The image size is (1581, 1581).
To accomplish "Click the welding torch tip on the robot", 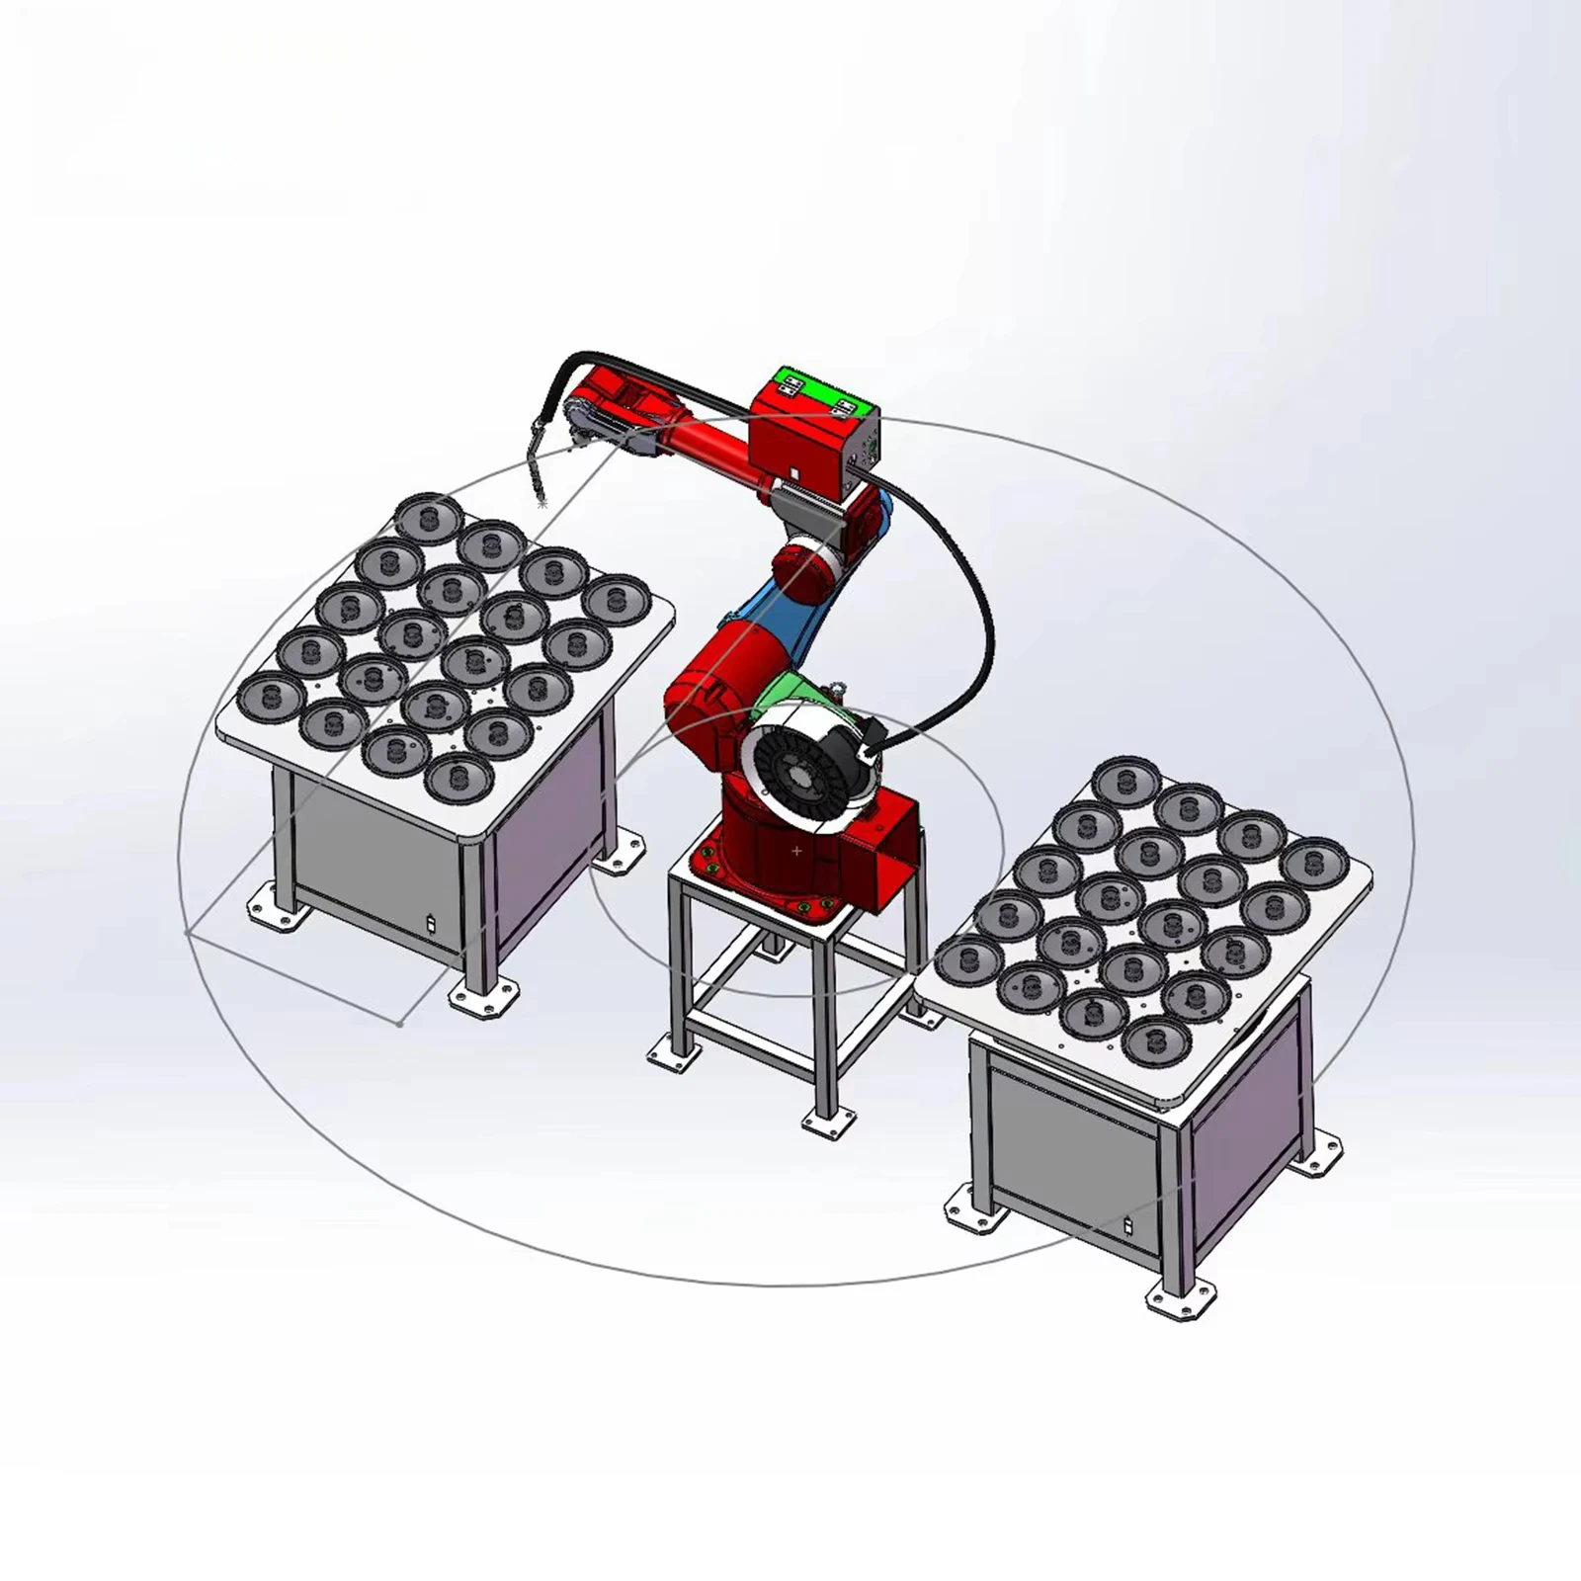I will pyautogui.click(x=541, y=502).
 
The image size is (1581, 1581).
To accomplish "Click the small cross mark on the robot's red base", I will pyautogui.click(x=797, y=850).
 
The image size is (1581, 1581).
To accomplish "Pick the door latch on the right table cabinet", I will pyautogui.click(x=1128, y=1226).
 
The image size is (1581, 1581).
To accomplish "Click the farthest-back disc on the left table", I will pyautogui.click(x=428, y=517).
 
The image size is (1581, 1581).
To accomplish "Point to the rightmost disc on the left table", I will pyautogui.click(x=614, y=599).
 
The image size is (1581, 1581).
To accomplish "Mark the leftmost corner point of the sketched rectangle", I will pyautogui.click(x=188, y=932).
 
